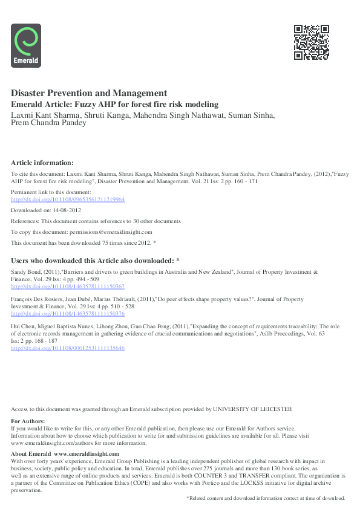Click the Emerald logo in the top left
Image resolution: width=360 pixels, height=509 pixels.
[x=26, y=45]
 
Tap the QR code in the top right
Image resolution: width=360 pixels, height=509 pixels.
[x=311, y=42]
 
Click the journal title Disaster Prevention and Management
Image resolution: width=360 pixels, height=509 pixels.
[x=89, y=94]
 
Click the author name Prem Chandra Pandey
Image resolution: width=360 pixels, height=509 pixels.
[x=49, y=123]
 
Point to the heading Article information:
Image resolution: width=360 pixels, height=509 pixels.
[x=42, y=163]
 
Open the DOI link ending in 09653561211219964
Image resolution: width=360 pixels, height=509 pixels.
[x=68, y=199]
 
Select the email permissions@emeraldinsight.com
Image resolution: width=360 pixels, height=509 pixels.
[x=113, y=232]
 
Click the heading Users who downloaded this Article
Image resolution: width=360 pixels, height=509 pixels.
[x=95, y=260]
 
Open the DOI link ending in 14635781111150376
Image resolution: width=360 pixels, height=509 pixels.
[x=68, y=314]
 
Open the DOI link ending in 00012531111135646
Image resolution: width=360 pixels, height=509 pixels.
[x=68, y=348]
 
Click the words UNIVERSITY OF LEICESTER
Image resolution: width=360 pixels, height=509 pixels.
[x=253, y=409]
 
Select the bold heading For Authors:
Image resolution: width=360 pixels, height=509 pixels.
[x=28, y=421]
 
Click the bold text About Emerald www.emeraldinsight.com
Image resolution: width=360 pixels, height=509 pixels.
[x=65, y=453]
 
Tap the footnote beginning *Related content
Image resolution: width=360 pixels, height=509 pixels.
[x=265, y=498]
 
